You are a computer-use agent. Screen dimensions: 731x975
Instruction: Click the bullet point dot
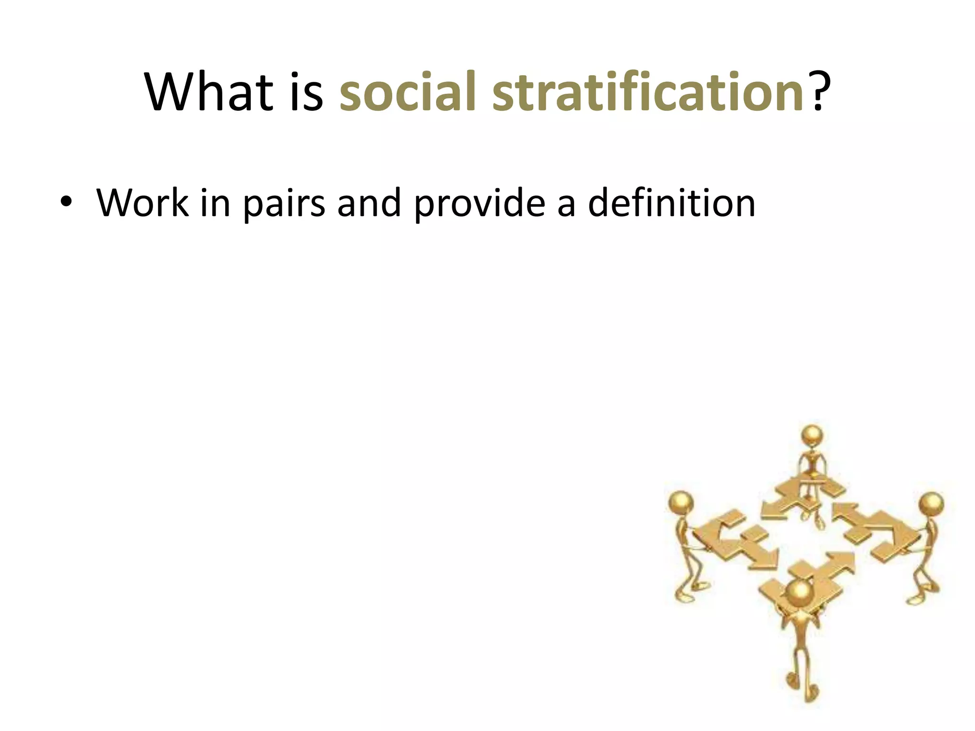[65, 203]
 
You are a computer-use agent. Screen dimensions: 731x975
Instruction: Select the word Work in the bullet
[143, 203]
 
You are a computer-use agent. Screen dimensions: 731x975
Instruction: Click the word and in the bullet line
[369, 203]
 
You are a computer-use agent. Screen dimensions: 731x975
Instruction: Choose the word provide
[478, 203]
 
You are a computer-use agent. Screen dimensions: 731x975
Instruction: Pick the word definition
[671, 203]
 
